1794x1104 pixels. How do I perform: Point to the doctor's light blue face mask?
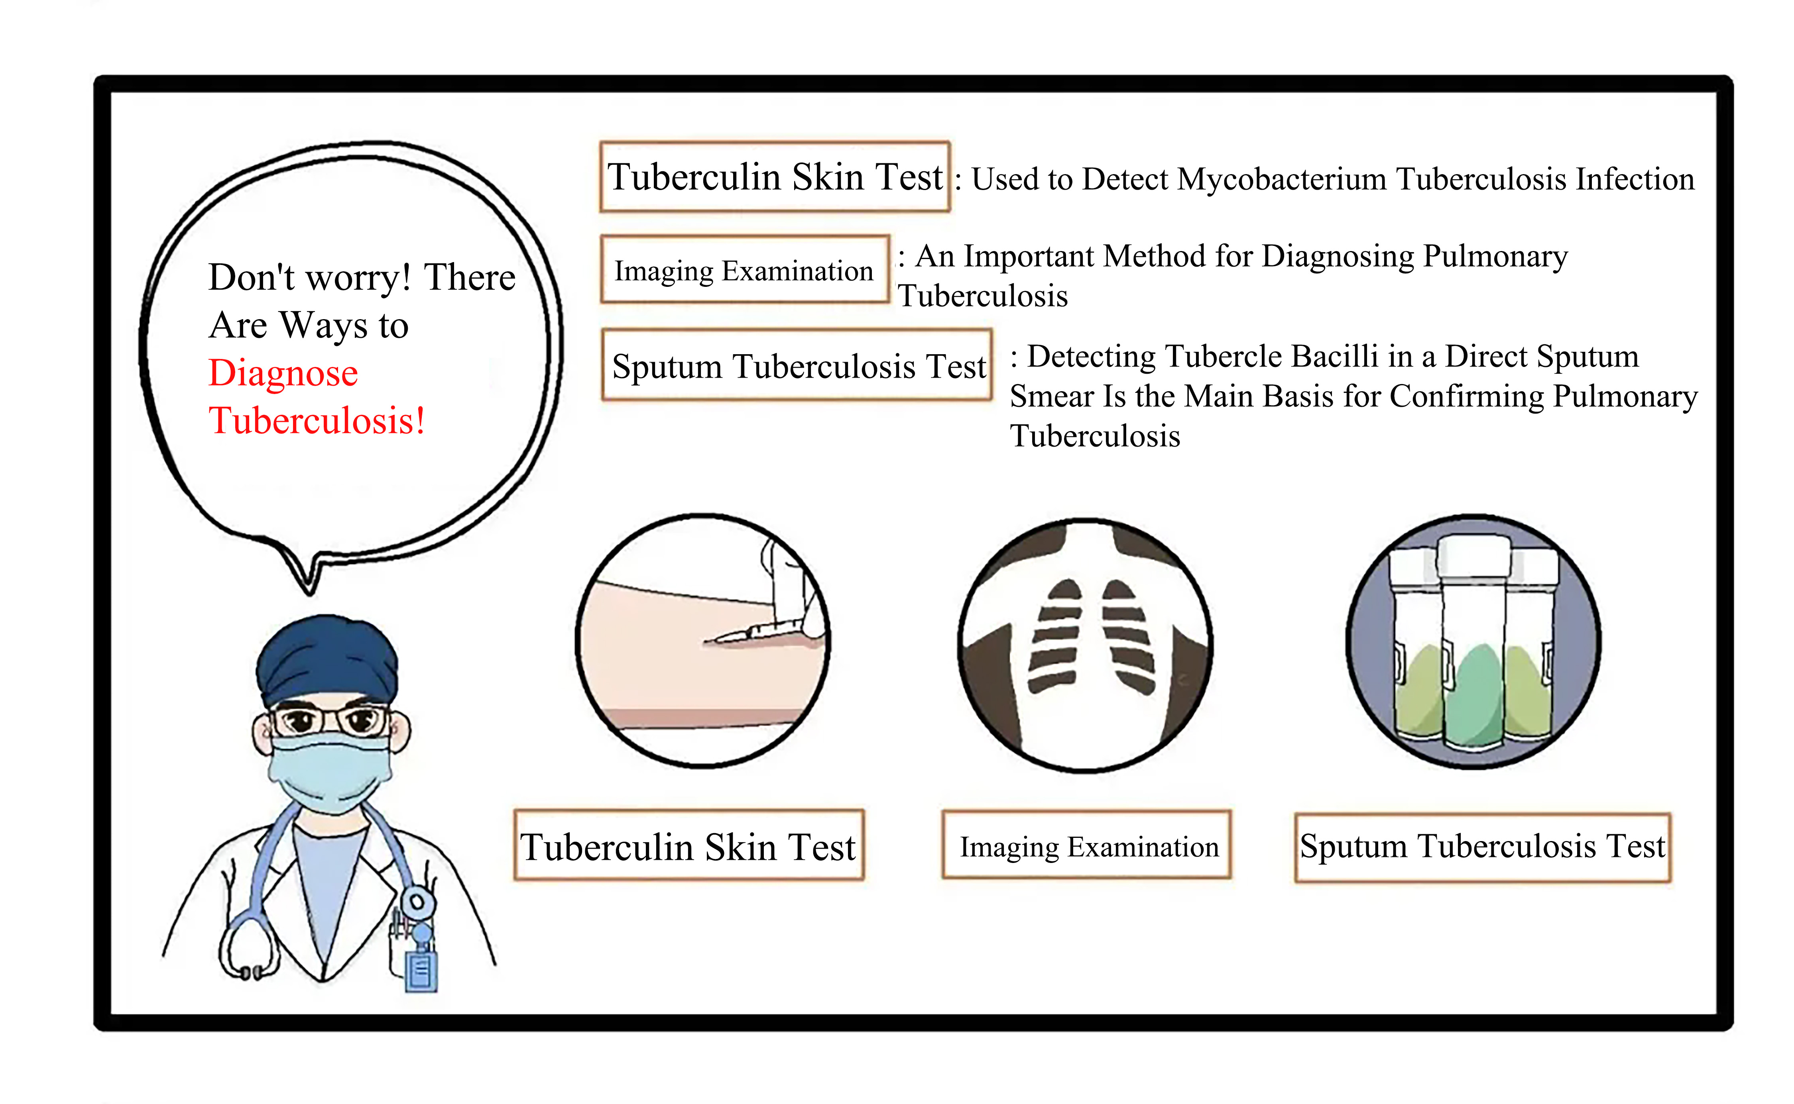point(330,773)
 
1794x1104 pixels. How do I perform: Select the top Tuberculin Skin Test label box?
point(775,177)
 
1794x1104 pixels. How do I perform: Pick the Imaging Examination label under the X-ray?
point(1087,845)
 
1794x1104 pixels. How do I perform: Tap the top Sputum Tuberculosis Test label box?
point(797,365)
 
